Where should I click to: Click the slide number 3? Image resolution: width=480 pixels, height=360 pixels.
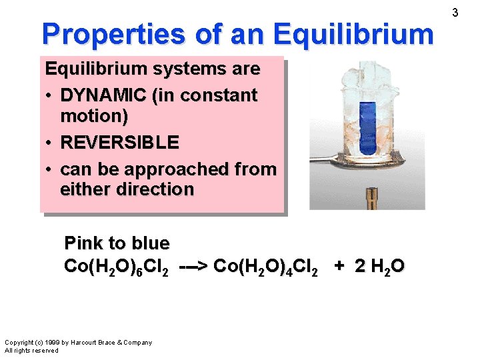pos(455,12)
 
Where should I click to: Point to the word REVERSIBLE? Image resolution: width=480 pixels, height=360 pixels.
pos(119,142)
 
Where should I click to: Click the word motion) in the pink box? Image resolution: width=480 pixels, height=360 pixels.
pos(94,115)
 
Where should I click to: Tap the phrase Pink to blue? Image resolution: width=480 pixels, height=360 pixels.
pos(117,243)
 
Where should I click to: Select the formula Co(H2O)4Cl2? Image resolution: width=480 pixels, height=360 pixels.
pos(269,267)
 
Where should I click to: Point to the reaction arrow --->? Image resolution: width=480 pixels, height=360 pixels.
pos(194,267)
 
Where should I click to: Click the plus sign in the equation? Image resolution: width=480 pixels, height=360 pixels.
pos(340,266)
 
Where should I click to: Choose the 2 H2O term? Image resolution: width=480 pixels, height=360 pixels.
pos(379,267)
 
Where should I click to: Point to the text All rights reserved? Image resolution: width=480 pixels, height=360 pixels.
pos(31,350)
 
